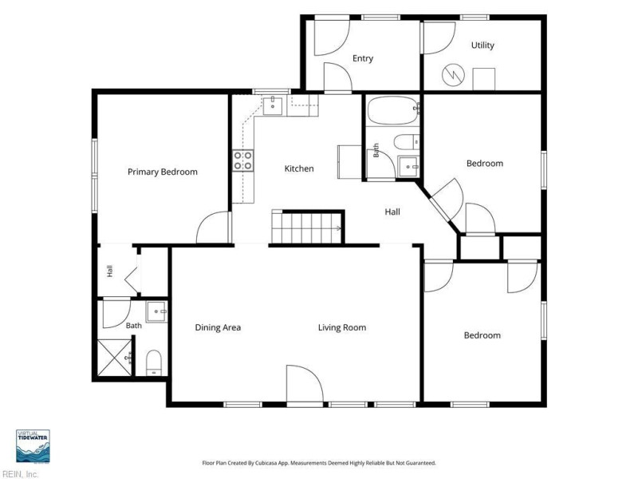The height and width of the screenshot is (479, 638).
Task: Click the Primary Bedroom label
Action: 163,172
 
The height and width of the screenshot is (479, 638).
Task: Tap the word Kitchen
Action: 299,168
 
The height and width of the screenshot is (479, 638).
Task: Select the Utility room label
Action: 482,46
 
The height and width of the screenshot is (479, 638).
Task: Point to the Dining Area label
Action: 218,327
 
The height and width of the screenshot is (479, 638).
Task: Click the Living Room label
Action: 342,327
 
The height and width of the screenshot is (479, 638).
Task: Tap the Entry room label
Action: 363,58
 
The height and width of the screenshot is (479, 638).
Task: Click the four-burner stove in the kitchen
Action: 243,160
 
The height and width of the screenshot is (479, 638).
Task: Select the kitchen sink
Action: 273,106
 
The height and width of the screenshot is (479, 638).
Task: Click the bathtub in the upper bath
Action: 393,110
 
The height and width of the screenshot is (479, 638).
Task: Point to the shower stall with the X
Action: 115,358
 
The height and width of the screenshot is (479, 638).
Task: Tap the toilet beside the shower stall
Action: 154,362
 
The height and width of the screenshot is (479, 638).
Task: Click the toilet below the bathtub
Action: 407,142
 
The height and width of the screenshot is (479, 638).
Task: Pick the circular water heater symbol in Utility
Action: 453,75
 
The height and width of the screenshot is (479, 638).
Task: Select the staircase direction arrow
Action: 337,228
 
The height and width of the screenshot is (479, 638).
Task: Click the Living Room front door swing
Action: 305,383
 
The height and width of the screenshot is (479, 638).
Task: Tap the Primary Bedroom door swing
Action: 212,228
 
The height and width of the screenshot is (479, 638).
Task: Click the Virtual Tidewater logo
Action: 33,446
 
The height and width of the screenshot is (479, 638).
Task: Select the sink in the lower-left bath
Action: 156,311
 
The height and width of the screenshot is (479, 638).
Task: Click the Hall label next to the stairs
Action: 392,212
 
